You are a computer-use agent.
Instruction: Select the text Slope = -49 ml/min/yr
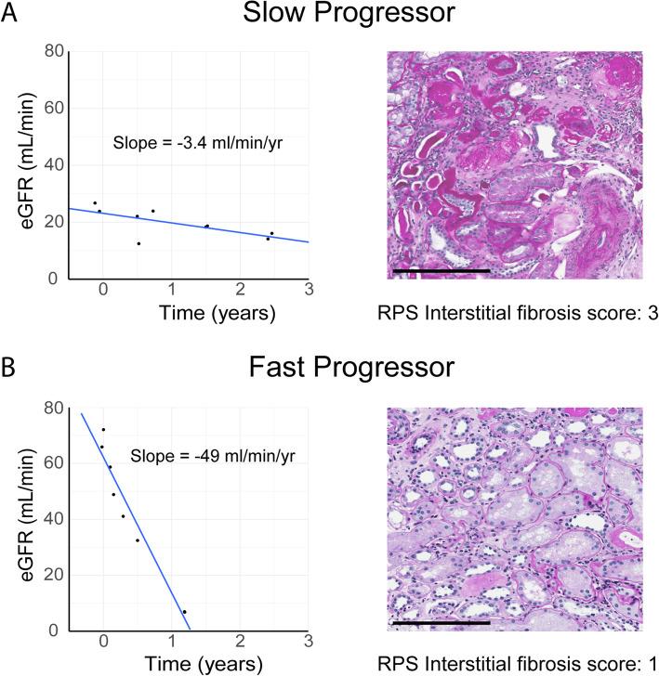coord(212,457)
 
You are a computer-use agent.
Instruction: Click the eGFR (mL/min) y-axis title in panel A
coord(20,165)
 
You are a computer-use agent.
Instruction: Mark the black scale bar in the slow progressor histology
coord(440,270)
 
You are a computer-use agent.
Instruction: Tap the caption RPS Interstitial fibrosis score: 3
coord(521,314)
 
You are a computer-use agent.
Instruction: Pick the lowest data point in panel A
coord(138,243)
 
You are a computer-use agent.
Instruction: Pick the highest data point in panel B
coord(102,429)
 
